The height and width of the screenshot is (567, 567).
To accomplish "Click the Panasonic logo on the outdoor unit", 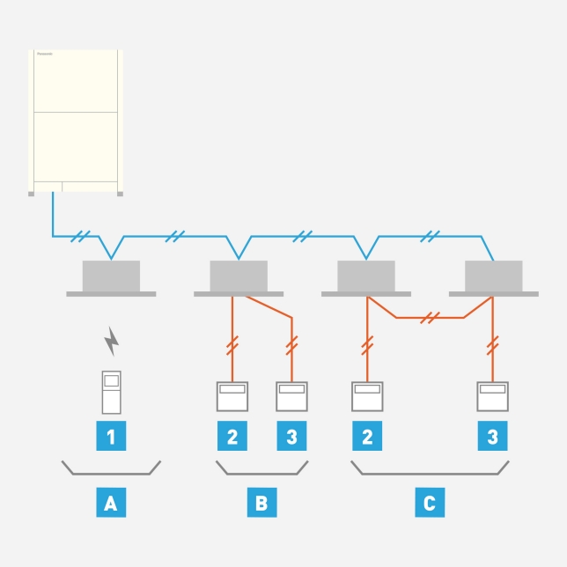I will coord(45,54).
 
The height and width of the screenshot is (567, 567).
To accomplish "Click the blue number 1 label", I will coord(110,437).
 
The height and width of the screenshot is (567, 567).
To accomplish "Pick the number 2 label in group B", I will coord(232,437).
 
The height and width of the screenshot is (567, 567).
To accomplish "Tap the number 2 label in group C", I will coord(367,437).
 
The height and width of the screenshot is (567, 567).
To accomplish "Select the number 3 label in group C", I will coord(492,437).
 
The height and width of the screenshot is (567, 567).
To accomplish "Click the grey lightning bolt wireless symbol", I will coord(112,341).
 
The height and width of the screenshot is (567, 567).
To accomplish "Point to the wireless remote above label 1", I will coord(111,392).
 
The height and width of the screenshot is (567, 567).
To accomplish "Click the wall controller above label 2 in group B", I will coord(232,395).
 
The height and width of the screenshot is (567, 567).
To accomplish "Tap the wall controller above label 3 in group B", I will coord(291,395).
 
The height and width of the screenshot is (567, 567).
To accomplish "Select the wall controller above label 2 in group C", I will coord(367,395).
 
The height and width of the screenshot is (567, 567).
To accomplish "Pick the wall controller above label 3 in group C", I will coord(492,395).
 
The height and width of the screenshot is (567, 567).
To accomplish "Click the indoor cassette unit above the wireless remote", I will coord(111,278).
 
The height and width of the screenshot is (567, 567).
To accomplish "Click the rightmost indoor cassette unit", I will coord(493,278).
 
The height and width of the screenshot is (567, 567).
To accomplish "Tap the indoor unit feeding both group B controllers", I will coord(239,278).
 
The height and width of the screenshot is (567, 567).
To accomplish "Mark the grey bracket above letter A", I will coord(111,468).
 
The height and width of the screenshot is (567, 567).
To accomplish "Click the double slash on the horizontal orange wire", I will coord(430,317).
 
